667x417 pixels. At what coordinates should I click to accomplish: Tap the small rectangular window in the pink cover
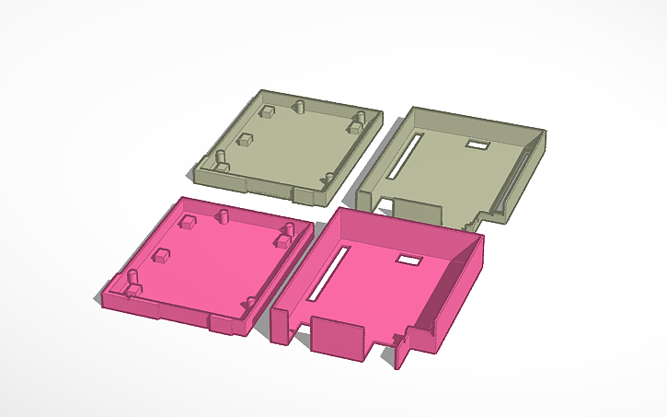click(407, 261)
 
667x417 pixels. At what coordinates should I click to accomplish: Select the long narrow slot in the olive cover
click(402, 156)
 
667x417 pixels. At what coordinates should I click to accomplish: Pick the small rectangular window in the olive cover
click(478, 145)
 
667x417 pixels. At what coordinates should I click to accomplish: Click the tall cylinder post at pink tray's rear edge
click(223, 215)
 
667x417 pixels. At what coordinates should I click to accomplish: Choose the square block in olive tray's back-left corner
click(266, 111)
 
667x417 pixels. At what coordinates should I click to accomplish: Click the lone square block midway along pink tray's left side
click(162, 256)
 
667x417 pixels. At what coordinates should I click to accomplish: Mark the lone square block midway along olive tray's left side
click(245, 141)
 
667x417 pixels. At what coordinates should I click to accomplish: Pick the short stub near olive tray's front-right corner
click(328, 178)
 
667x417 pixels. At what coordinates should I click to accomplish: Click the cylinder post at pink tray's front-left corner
click(132, 279)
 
